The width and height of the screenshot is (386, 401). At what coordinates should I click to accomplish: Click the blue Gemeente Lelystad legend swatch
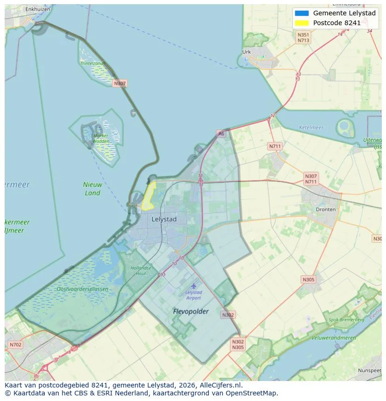pyautogui.click(x=302, y=13)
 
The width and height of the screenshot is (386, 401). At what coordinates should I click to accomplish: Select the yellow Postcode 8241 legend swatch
pyautogui.click(x=302, y=23)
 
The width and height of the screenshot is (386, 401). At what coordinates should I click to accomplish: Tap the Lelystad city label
pyautogui.click(x=164, y=219)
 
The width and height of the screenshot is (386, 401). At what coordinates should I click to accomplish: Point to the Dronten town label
pyautogui.click(x=325, y=210)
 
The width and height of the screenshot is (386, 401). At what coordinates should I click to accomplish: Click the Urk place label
pyautogui.click(x=247, y=52)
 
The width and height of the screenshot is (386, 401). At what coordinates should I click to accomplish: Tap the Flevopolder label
pyautogui.click(x=191, y=311)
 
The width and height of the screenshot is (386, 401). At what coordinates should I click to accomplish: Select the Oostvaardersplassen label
pyautogui.click(x=82, y=289)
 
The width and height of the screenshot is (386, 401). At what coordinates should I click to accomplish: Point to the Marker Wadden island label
pyautogui.click(x=101, y=138)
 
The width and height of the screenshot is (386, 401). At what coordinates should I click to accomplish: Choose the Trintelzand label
pyautogui.click(x=92, y=63)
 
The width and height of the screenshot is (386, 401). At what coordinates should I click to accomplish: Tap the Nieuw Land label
pyautogui.click(x=92, y=189)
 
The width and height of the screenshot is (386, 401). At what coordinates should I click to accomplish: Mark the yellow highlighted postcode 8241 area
pyautogui.click(x=149, y=196)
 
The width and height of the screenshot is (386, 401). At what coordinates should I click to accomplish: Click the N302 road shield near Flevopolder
pyautogui.click(x=228, y=315)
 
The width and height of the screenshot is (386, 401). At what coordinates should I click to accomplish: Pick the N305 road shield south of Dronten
pyautogui.click(x=308, y=279)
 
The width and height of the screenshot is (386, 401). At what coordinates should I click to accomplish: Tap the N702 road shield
pyautogui.click(x=15, y=345)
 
